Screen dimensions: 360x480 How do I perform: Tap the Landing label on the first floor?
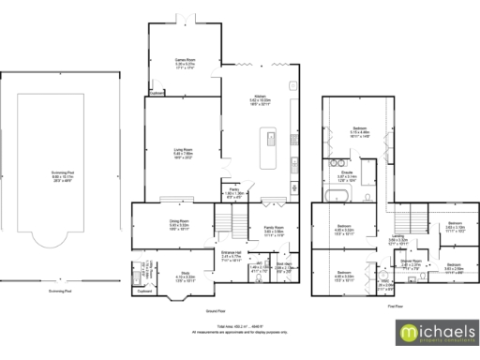click(397, 237)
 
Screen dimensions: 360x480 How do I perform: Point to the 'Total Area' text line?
click(240, 326)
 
